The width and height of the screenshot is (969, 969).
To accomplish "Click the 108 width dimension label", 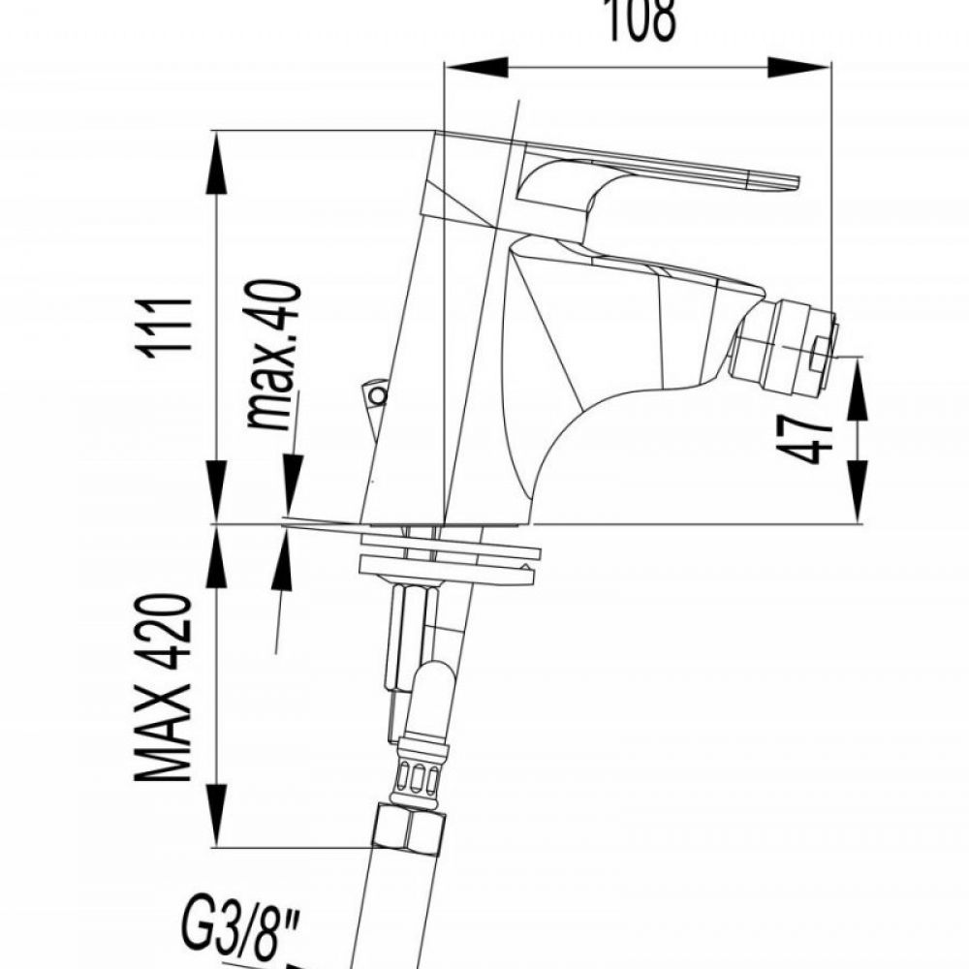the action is pyautogui.click(x=641, y=19).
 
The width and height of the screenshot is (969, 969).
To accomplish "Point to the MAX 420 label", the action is pyautogui.click(x=163, y=687).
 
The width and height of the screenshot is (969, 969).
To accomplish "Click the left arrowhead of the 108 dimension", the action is pyautogui.click(x=476, y=68).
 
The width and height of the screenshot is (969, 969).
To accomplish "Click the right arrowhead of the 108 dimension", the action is pyautogui.click(x=798, y=68).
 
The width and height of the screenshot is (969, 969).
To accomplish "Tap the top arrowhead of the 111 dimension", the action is pyautogui.click(x=216, y=163).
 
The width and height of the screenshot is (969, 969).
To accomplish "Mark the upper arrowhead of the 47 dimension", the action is pyautogui.click(x=858, y=390).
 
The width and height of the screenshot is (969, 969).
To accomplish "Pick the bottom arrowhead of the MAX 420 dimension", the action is pyautogui.click(x=216, y=815).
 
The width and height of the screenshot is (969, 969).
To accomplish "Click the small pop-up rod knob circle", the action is pyautogui.click(x=376, y=395).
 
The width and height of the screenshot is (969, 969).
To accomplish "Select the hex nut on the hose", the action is pyautogui.click(x=409, y=828).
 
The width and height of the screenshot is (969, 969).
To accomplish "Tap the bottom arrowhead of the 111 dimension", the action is pyautogui.click(x=216, y=492).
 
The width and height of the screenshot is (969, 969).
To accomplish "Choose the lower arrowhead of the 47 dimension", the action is pyautogui.click(x=858, y=492).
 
